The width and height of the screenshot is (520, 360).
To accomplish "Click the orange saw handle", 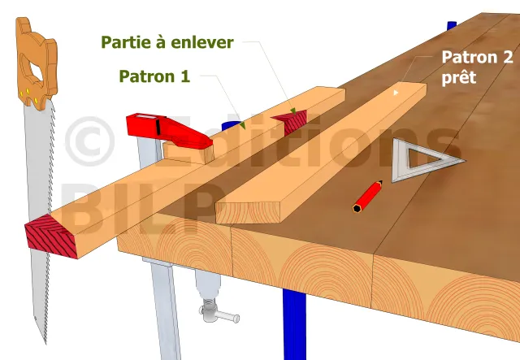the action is [37, 63].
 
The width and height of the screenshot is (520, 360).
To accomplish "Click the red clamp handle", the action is [169, 131].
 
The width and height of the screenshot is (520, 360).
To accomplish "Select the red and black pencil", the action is [367, 197].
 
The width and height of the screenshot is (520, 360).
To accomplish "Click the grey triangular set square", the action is [424, 160].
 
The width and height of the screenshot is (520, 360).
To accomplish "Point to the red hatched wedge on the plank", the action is [289, 121].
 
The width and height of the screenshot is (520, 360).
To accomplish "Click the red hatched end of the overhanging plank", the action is [50, 236].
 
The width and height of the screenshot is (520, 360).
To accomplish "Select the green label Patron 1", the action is [154, 76].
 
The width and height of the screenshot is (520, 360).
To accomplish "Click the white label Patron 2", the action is [477, 57].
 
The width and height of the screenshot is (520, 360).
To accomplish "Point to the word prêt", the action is [459, 77].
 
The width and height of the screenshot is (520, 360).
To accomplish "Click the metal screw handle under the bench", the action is [219, 314].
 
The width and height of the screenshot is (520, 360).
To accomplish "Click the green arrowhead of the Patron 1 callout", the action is [242, 125].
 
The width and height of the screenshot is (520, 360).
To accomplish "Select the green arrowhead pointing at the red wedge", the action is [293, 111].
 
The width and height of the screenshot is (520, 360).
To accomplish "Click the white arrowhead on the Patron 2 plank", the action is [396, 93].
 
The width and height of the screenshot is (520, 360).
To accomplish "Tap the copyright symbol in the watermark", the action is [90, 141].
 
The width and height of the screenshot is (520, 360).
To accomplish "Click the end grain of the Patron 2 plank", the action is [248, 212].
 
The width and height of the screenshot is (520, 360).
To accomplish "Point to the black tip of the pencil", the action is [380, 182].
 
